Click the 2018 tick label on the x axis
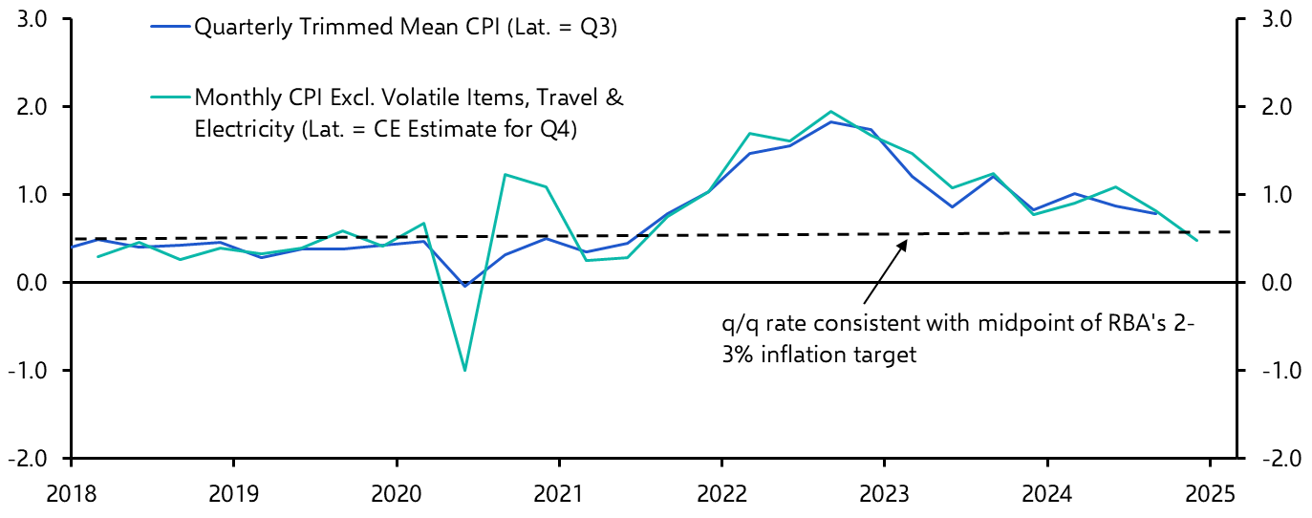click(72, 496)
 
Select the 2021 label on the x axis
click(558, 496)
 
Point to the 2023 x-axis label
click(884, 496)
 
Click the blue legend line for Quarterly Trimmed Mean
click(171, 28)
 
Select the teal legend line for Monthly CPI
click(171, 97)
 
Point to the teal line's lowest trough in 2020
click(464, 370)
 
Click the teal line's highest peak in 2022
click(829, 112)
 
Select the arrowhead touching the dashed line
click(904, 240)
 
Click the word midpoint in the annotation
click(1017, 324)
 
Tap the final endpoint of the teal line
click(1197, 241)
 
